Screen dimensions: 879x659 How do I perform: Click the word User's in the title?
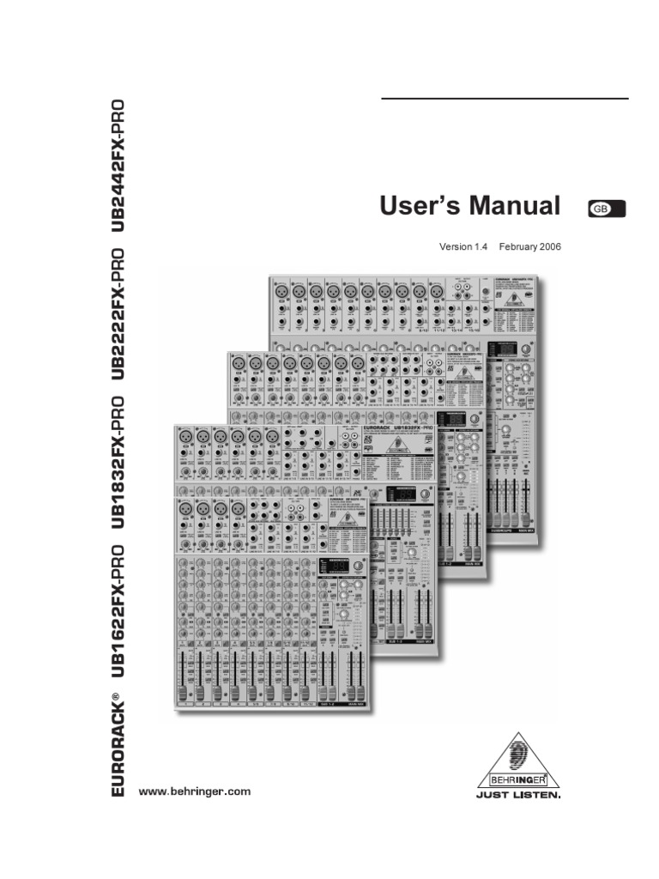[x=418, y=207]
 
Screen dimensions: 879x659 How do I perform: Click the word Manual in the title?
[x=513, y=207]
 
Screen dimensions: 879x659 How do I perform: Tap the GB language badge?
[x=608, y=208]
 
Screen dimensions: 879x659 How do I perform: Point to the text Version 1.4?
[x=463, y=246]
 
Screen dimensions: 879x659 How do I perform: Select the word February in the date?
[x=517, y=246]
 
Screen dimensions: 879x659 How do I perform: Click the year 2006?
[x=550, y=246]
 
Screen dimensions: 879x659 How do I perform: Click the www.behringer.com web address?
[x=195, y=791]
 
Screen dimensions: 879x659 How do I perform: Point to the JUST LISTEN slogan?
[x=518, y=796]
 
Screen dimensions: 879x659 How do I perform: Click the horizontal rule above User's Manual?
[x=505, y=99]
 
